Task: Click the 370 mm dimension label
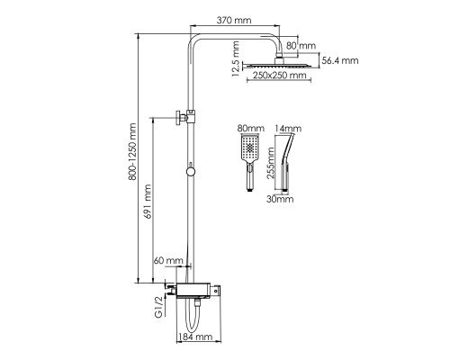[x=234, y=20]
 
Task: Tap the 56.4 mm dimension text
[x=340, y=60]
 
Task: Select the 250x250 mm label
[x=279, y=75]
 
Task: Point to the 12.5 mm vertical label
[x=236, y=58]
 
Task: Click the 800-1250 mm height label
[x=132, y=151]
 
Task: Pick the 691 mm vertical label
[x=148, y=202]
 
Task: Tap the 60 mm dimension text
[x=168, y=260]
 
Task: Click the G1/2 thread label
[x=158, y=306]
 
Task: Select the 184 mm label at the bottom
[x=195, y=337]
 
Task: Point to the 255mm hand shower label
[x=271, y=163]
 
